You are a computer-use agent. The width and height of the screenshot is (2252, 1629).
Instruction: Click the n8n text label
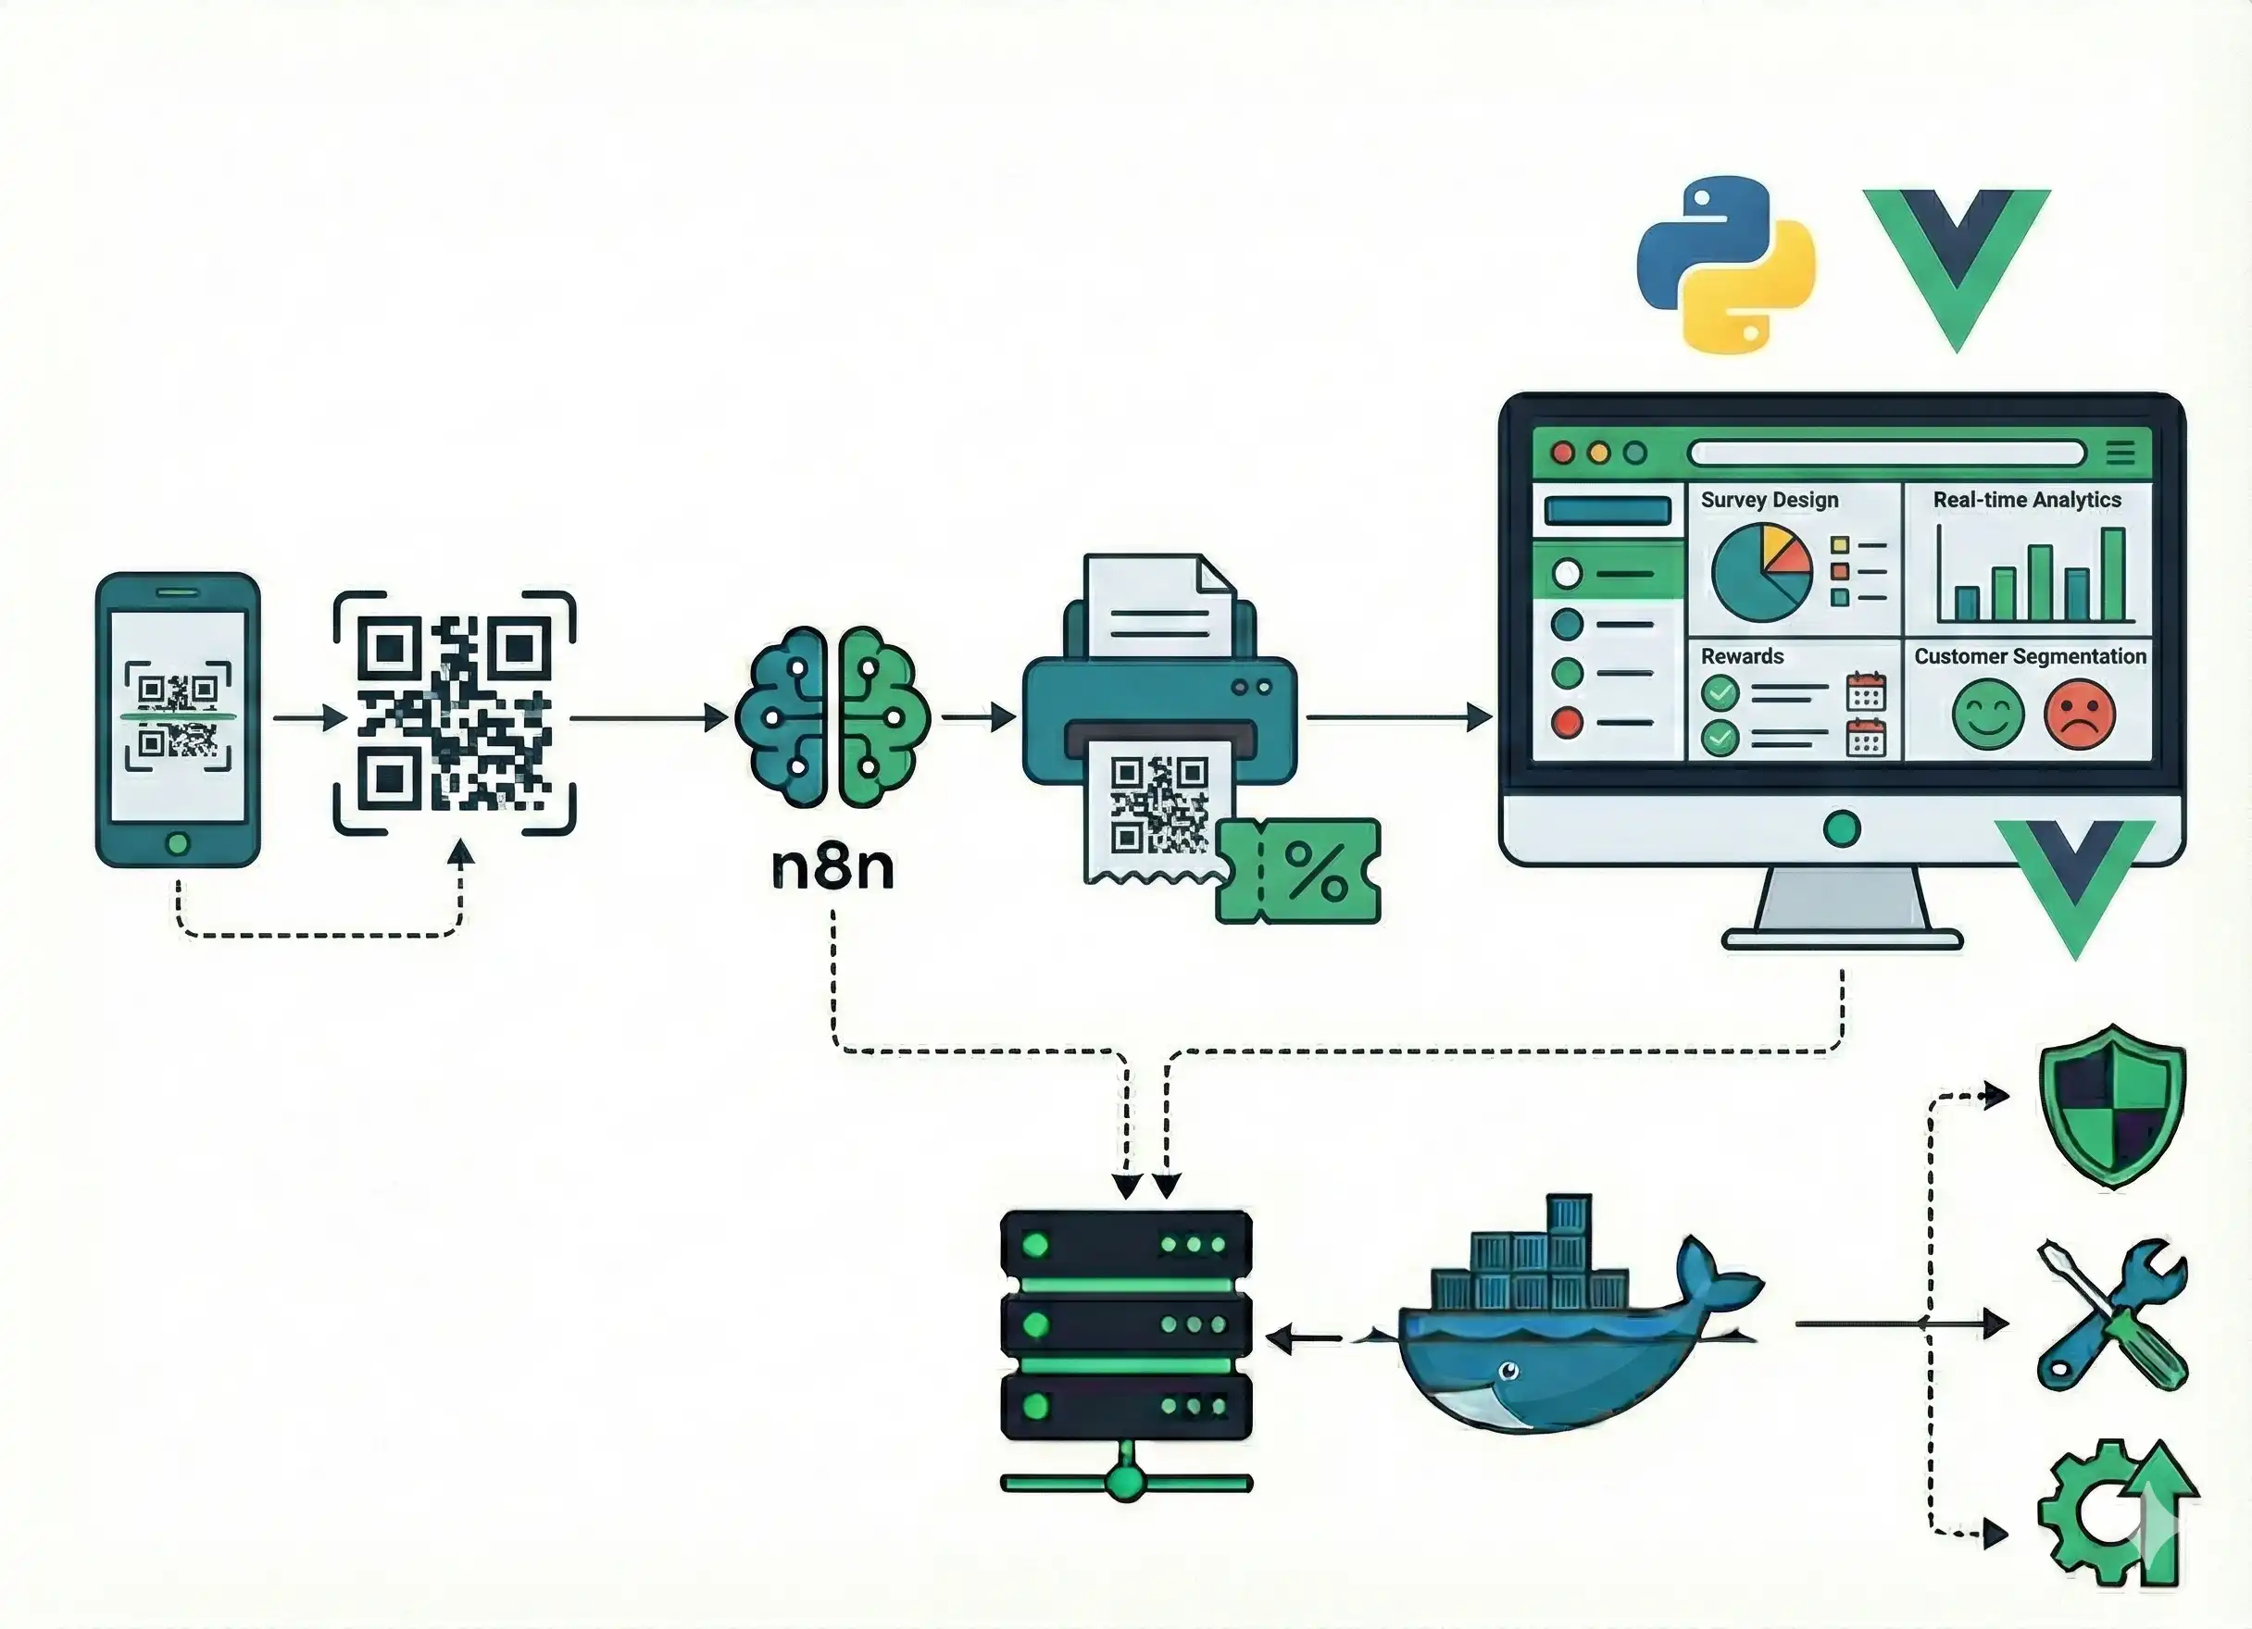click(x=832, y=867)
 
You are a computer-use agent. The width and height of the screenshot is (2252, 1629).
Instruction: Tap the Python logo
click(x=1726, y=265)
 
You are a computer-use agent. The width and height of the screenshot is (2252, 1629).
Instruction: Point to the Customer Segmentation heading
click(x=2030, y=656)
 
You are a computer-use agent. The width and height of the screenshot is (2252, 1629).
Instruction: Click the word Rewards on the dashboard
click(x=1742, y=656)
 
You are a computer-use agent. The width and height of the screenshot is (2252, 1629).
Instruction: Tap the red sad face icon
click(x=2079, y=714)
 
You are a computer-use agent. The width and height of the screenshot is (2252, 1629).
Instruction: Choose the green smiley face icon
click(x=1988, y=714)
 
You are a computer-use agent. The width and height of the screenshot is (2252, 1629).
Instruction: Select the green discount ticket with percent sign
click(x=1299, y=872)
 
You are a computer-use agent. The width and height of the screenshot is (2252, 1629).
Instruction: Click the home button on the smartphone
click(x=178, y=844)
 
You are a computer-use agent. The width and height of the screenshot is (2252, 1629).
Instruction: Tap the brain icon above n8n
click(x=832, y=716)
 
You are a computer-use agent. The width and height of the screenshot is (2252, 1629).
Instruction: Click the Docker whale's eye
click(x=1508, y=1372)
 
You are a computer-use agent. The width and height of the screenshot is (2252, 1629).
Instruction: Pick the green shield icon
click(x=2112, y=1105)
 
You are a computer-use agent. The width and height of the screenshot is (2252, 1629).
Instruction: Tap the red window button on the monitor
click(x=1563, y=454)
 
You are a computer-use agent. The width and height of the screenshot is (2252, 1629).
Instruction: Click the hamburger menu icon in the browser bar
click(x=2120, y=454)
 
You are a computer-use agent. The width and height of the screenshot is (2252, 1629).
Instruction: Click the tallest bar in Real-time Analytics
click(x=2113, y=575)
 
